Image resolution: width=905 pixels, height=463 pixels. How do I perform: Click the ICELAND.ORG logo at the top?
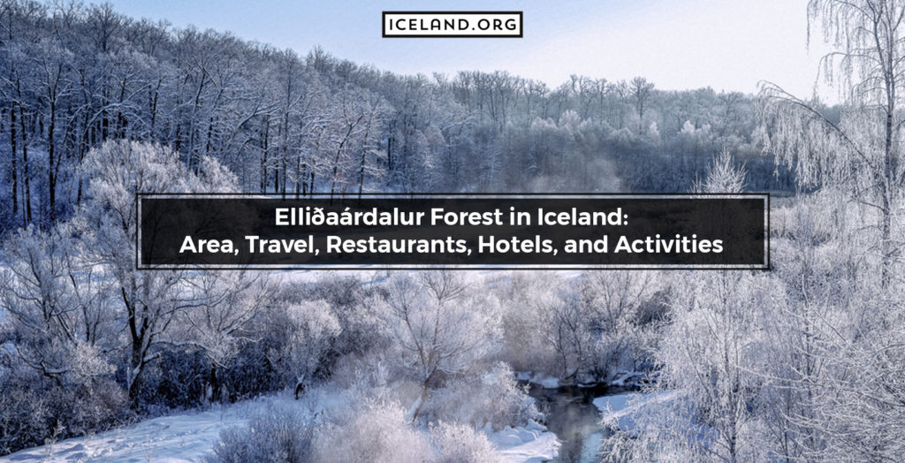coord(452,24)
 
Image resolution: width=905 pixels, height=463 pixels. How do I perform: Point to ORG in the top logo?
coord(498,24)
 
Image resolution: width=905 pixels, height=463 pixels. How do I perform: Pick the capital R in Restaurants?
coord(333,245)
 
